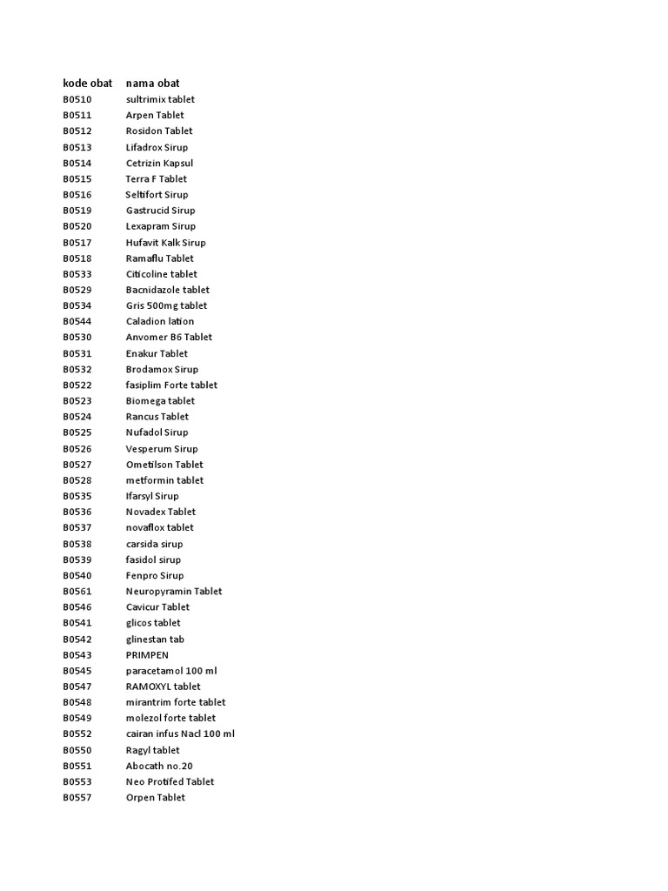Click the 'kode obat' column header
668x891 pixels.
click(88, 83)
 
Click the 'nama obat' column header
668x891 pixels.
click(153, 83)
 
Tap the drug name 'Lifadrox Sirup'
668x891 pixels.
click(157, 147)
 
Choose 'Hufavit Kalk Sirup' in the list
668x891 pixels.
click(165, 242)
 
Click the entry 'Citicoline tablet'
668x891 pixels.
click(161, 274)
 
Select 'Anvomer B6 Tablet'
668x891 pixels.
click(169, 337)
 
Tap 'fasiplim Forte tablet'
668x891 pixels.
click(171, 385)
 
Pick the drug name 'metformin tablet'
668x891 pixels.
click(164, 479)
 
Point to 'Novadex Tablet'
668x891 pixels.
click(161, 512)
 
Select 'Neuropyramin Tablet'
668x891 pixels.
click(174, 591)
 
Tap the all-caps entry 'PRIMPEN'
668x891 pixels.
click(147, 654)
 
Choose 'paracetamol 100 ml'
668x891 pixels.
click(170, 670)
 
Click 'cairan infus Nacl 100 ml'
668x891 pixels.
click(180, 734)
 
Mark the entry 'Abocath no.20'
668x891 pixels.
click(159, 766)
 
